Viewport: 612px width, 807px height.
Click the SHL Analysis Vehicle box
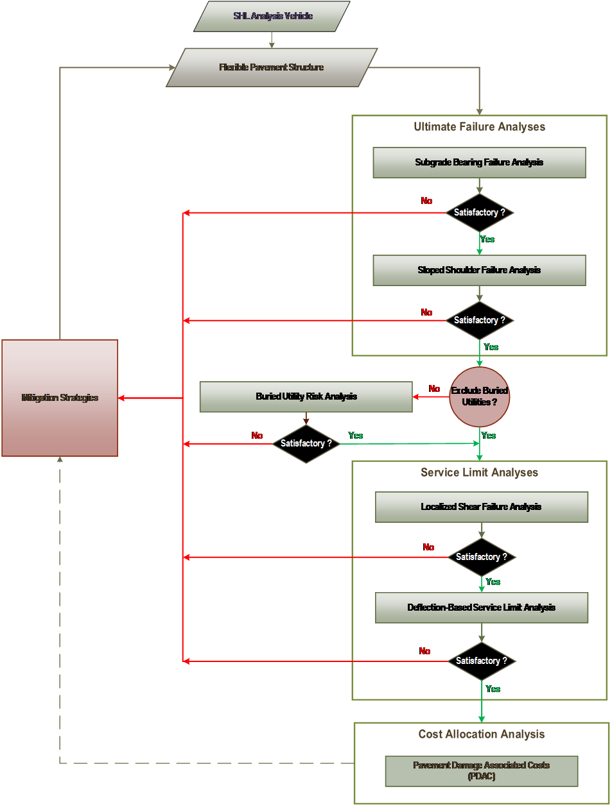pos(272,16)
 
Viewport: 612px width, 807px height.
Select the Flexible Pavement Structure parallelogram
pos(272,67)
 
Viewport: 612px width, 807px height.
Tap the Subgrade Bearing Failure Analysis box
pos(479,162)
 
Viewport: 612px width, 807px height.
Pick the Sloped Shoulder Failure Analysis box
pos(479,270)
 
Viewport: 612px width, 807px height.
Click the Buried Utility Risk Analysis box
pos(306,396)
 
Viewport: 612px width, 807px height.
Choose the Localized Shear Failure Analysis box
pos(481,507)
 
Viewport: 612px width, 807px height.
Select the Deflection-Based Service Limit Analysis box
pos(481,607)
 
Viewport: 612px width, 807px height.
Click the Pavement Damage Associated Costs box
pos(481,770)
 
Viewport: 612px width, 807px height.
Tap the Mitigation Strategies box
pos(60,398)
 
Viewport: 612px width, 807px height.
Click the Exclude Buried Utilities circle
pos(479,396)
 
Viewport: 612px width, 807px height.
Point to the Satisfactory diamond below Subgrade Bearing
pos(479,212)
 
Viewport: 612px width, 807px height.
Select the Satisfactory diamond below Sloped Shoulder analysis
pos(479,320)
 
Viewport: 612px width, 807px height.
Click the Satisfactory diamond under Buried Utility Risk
pos(306,443)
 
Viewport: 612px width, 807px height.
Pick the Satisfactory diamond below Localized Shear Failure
pos(481,557)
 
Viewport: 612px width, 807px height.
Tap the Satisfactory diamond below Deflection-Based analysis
pos(481,661)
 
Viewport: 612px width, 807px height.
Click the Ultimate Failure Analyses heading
pos(479,127)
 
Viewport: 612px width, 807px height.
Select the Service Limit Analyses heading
pos(479,473)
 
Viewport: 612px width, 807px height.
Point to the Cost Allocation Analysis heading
pos(481,735)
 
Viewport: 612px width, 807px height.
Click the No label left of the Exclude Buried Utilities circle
pos(435,389)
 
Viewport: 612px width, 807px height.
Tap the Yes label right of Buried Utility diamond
pos(355,436)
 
